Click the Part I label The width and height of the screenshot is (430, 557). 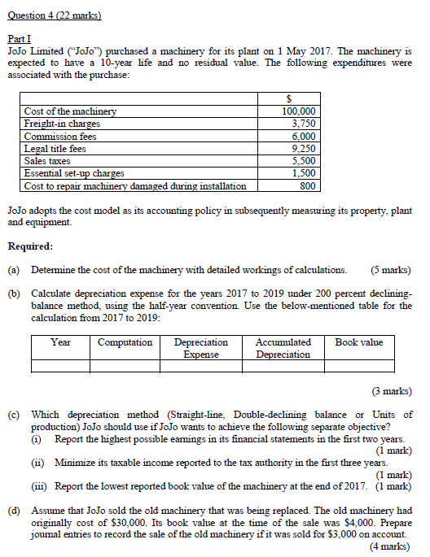18,39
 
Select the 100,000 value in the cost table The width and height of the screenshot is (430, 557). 299,111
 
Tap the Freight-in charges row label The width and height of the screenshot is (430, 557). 63,124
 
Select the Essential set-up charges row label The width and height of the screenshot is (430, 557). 74,173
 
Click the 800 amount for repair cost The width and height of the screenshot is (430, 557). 308,185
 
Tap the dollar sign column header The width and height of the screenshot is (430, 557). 300,99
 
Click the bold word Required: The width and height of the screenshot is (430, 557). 30,246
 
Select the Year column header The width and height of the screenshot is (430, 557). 60,342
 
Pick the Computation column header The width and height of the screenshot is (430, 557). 125,342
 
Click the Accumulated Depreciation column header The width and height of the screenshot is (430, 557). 283,348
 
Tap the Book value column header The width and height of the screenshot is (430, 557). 358,342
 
